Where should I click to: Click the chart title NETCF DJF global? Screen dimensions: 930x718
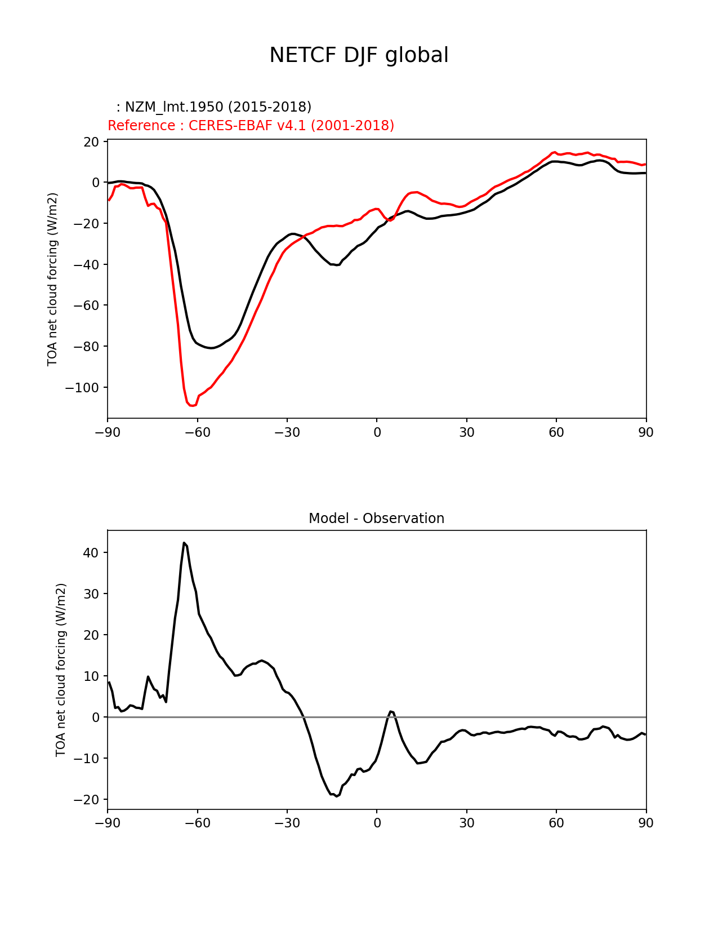pos(359,55)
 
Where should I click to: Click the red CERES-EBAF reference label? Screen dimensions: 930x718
pos(251,125)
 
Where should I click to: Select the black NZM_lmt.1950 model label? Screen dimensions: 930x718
pos(214,107)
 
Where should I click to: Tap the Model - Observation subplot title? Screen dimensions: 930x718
pos(376,518)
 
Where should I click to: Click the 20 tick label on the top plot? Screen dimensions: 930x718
pos(92,141)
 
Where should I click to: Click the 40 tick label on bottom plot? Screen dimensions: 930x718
pos(92,553)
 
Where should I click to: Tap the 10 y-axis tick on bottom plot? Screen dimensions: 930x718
pos(92,676)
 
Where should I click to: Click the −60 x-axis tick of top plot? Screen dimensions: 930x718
pos(197,432)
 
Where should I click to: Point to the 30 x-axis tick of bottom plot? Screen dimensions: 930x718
pos(466,823)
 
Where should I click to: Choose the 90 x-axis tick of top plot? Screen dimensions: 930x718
pos(646,432)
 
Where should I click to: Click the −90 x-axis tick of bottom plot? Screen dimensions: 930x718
pos(108,823)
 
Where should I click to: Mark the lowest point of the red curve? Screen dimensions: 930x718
pos(192,405)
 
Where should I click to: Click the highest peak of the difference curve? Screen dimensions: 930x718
pos(184,543)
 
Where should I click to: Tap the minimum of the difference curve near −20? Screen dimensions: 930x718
pos(337,796)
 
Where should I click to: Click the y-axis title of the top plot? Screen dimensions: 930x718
pos(53,279)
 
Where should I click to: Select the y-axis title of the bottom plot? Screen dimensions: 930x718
pos(61,670)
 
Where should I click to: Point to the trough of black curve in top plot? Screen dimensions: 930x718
pos(211,348)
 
